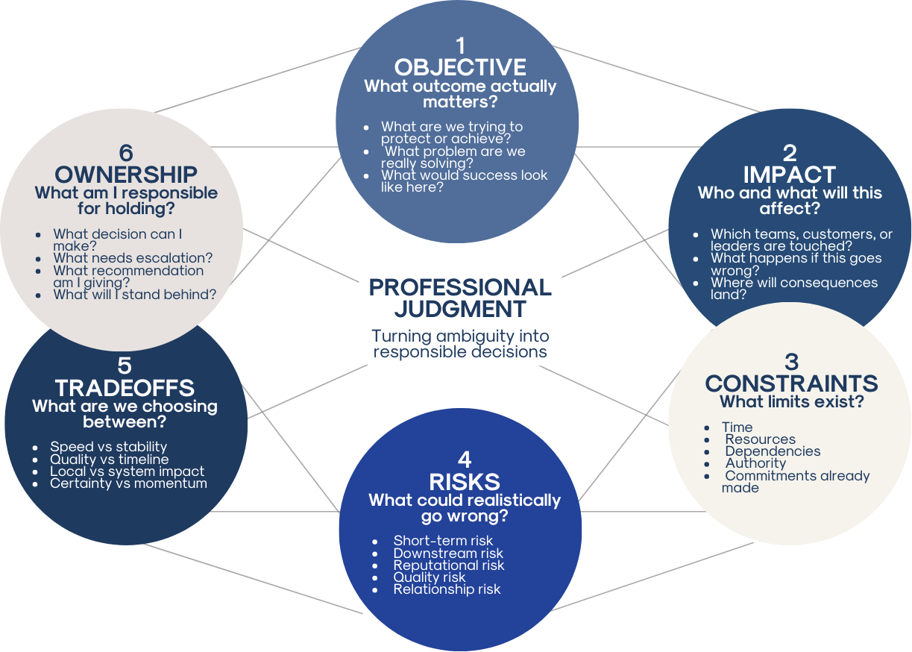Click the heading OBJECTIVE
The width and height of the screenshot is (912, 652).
pos(460,67)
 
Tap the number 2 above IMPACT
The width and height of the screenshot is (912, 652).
pos(790,153)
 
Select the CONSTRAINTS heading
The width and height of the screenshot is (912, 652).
pos(791,383)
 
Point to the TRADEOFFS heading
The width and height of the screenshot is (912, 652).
pos(125,388)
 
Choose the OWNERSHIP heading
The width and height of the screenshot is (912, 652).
pos(126,175)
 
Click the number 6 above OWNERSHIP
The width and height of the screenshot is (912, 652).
pos(126,153)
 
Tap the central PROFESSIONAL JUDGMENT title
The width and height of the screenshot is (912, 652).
pos(460,298)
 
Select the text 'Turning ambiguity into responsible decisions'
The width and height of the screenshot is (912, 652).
pos(460,344)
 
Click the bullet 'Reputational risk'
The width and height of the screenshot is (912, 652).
pos(449,565)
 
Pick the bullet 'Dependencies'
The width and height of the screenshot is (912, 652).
pos(773,451)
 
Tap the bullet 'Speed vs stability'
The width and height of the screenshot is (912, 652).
pos(109,447)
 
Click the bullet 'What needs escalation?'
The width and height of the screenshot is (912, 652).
pos(133,258)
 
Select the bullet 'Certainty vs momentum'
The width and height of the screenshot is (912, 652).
pos(128,483)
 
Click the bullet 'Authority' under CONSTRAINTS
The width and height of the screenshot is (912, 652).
pos(755,463)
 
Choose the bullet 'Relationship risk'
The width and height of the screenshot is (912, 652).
pos(447,589)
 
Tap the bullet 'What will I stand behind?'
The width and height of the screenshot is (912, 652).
pos(135,295)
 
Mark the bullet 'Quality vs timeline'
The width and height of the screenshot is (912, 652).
pos(110,460)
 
